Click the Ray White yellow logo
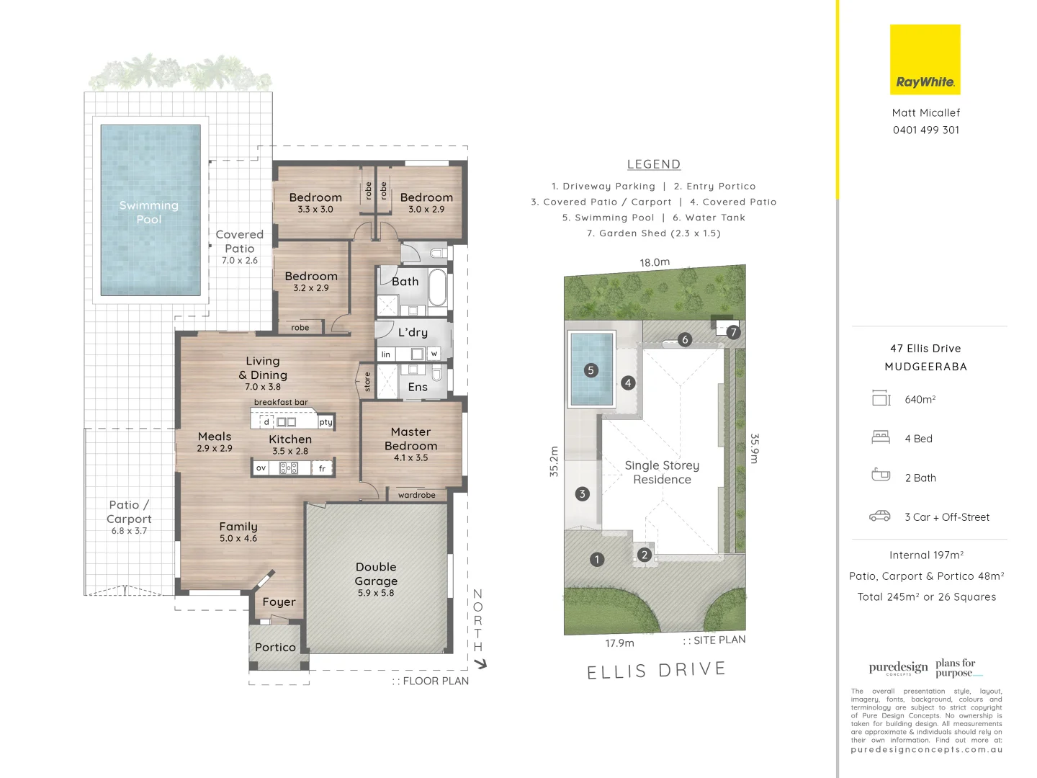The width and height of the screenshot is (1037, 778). coord(925,60)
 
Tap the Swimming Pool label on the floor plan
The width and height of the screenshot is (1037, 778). coord(149,212)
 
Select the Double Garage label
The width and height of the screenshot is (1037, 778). coord(376,574)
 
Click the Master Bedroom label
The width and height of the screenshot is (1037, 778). coord(410,439)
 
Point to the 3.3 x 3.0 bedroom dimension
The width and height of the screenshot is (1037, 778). coord(315,210)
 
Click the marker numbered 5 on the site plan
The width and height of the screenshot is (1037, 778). coord(591,370)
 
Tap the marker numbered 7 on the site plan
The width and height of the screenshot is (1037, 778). coord(733,332)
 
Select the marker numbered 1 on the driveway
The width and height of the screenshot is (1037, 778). coord(596,559)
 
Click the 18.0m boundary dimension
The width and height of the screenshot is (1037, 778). coord(655,262)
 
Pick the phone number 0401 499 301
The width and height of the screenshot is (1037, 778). coord(925,130)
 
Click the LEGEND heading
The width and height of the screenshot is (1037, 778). coord(653,164)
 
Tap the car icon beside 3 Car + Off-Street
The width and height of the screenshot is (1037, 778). coord(880,517)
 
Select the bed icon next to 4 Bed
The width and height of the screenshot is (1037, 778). coord(881,437)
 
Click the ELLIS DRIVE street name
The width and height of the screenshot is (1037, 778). coord(656,671)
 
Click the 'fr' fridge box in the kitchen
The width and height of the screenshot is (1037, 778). coord(322,468)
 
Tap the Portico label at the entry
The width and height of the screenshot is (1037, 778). coord(275,648)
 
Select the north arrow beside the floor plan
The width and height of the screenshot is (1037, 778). coord(480,663)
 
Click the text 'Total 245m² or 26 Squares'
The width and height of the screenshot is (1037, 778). coord(926,597)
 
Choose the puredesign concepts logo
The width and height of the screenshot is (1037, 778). coord(898,668)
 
